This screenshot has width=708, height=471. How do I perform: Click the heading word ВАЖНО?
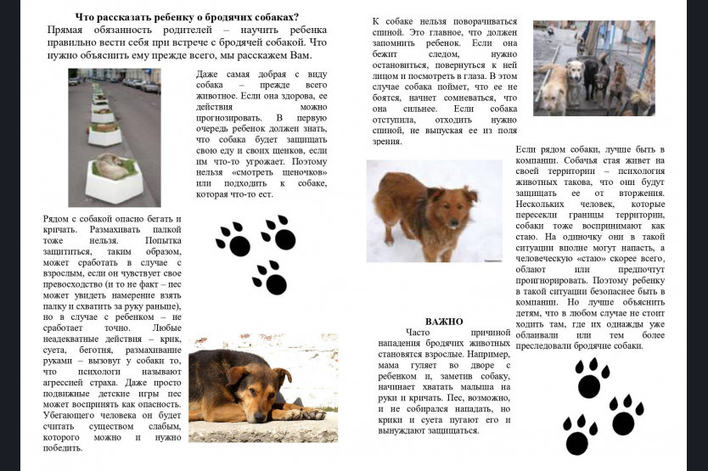point(443,322)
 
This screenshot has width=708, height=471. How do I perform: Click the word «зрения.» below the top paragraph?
point(386,142)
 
